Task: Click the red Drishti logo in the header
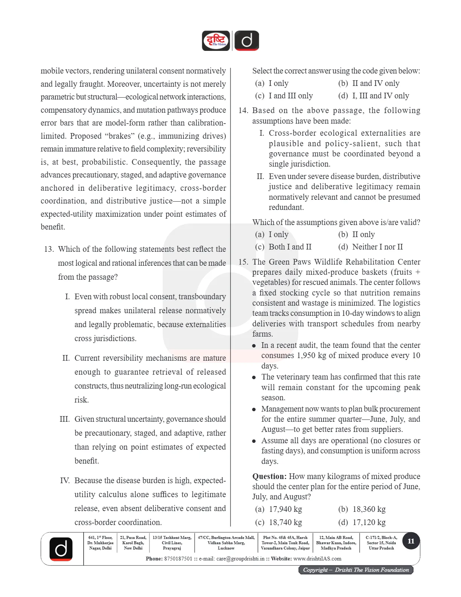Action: (216, 41)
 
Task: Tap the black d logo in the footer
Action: (61, 549)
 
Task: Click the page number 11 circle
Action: (411, 541)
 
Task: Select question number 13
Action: (49, 249)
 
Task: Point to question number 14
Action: (243, 110)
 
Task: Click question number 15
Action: (243, 262)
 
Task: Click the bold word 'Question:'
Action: (269, 476)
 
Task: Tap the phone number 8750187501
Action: (178, 559)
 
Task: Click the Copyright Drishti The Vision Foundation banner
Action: (356, 570)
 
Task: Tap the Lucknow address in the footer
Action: (226, 543)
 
